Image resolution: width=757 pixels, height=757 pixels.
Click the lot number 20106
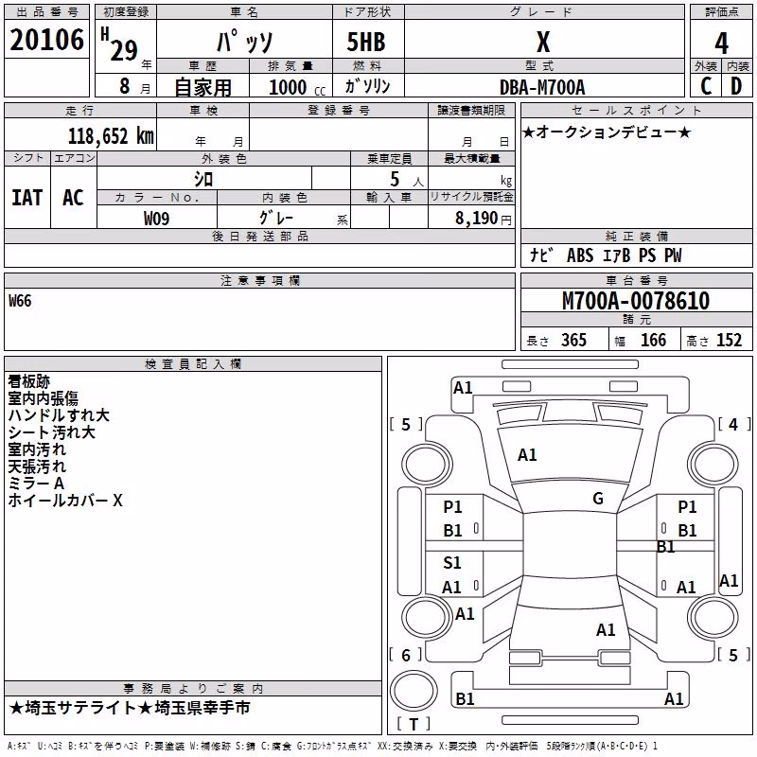tap(46, 40)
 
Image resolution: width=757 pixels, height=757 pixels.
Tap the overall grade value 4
tap(721, 43)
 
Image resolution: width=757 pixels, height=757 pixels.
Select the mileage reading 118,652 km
tap(111, 136)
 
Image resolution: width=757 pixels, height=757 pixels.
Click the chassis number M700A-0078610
tap(636, 301)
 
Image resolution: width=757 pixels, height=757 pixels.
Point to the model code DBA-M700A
tap(542, 87)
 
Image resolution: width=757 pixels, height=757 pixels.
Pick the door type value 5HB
tap(366, 42)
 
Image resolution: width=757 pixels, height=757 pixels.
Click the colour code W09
tap(156, 219)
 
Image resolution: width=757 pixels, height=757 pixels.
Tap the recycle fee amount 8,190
tap(476, 219)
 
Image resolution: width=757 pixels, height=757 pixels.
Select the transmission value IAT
tap(27, 198)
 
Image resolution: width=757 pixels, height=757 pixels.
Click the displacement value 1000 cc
tap(297, 87)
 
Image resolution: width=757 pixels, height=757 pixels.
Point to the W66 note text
tap(20, 301)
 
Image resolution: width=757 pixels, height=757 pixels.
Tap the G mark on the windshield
tap(598, 498)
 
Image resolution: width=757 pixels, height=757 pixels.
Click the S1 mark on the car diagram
tap(452, 562)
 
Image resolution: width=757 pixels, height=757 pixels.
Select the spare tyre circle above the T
tap(414, 691)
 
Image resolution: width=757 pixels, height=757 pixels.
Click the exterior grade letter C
tap(706, 86)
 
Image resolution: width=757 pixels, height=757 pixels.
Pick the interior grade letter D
tap(736, 86)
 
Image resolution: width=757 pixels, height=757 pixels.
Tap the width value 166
tap(653, 340)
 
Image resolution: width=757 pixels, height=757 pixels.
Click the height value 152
tap(729, 340)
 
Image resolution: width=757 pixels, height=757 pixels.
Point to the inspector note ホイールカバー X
tap(65, 501)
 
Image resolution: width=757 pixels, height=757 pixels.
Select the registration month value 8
tap(125, 86)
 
